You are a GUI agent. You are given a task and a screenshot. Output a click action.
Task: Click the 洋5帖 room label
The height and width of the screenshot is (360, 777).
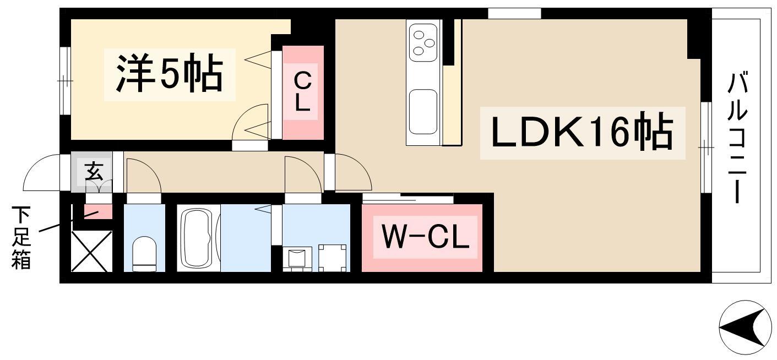click(169, 74)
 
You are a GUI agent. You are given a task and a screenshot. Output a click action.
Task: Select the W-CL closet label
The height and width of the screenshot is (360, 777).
click(425, 238)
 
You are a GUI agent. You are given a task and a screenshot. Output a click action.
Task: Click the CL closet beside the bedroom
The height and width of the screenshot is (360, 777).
click(302, 92)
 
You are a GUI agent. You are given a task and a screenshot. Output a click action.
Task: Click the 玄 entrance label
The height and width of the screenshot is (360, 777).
click(94, 172)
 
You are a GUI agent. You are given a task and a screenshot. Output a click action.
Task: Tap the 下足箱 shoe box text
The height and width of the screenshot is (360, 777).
click(21, 238)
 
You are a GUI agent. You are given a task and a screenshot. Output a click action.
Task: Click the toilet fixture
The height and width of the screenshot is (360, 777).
click(144, 254)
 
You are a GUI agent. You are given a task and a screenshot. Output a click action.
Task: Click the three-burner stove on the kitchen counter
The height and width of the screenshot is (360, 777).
click(423, 42)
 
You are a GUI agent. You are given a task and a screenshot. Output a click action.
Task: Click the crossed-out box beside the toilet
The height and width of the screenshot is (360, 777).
click(91, 251)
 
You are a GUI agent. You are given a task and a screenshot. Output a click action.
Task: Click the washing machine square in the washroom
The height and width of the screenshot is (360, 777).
click(333, 258)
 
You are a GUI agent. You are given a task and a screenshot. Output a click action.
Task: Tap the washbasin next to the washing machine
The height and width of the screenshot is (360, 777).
click(297, 258)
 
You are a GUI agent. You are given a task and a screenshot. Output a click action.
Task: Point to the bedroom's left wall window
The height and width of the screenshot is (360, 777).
click(65, 81)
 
